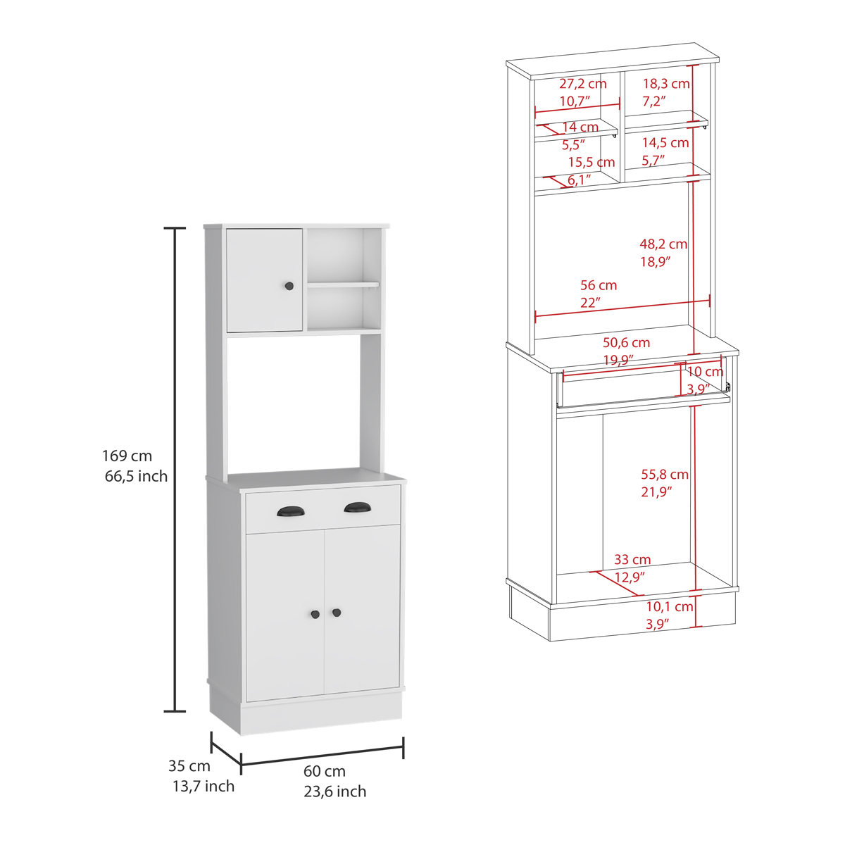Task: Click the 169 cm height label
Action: tap(127, 456)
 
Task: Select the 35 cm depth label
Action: tap(189, 765)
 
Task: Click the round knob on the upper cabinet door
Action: tap(289, 286)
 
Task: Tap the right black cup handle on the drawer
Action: tap(358, 507)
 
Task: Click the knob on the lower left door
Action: tap(315, 614)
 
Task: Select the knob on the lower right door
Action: tap(337, 612)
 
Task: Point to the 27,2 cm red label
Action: tap(583, 84)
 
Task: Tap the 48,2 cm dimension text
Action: tap(663, 244)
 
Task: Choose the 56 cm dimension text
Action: tap(599, 285)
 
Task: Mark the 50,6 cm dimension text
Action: tap(626, 342)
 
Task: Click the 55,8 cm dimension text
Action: tap(665, 474)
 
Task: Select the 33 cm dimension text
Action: tap(632, 559)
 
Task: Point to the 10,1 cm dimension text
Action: tap(670, 607)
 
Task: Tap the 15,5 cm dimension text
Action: tap(591, 162)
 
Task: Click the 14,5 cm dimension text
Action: tap(665, 142)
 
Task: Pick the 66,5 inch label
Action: tap(136, 476)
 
